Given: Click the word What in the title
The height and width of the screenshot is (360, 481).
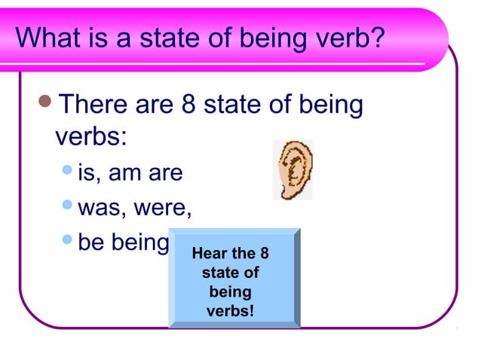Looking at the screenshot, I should (50, 38).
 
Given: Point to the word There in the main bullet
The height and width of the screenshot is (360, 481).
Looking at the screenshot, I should (94, 105).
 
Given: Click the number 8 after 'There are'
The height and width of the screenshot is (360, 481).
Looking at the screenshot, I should (191, 105).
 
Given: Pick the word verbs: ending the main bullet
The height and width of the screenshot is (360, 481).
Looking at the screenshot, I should (91, 138).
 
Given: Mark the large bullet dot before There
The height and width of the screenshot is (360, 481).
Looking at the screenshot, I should (45, 104).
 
